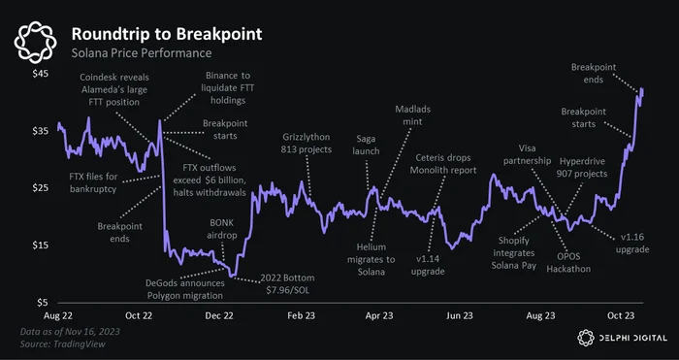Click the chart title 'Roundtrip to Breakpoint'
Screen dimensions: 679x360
coord(167,34)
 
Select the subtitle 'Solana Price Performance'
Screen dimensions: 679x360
coord(142,53)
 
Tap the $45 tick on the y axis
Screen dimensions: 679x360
coord(41,74)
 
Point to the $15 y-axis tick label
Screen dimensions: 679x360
coord(41,245)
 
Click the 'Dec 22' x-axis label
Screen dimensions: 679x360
coord(219,315)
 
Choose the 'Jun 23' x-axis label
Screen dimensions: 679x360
coord(460,315)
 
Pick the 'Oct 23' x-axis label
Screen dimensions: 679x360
coord(621,315)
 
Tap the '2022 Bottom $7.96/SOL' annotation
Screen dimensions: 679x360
coord(287,283)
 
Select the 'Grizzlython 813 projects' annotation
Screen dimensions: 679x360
coord(307,144)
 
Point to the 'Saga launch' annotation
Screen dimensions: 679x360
coord(368,146)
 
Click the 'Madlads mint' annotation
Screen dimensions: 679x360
coord(412,115)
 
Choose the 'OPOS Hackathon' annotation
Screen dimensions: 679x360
coord(568,263)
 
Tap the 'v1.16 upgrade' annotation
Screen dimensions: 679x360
coord(632,244)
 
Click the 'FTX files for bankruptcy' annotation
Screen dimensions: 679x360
coord(93,182)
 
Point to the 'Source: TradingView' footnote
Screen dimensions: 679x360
coord(63,344)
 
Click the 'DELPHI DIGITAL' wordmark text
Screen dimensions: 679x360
coord(633,338)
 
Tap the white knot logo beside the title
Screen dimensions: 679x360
coord(36,42)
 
